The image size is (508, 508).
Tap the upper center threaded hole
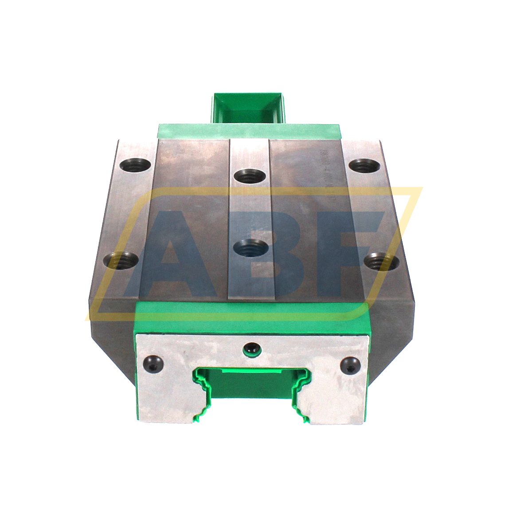[x=248, y=176]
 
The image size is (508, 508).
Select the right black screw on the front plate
[x=349, y=364]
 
